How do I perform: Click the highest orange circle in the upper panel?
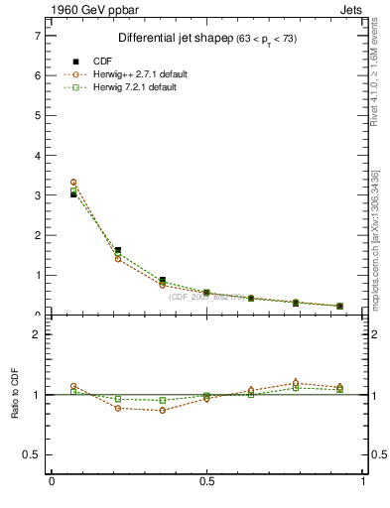point(73,183)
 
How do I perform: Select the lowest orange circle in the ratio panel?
point(162,410)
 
